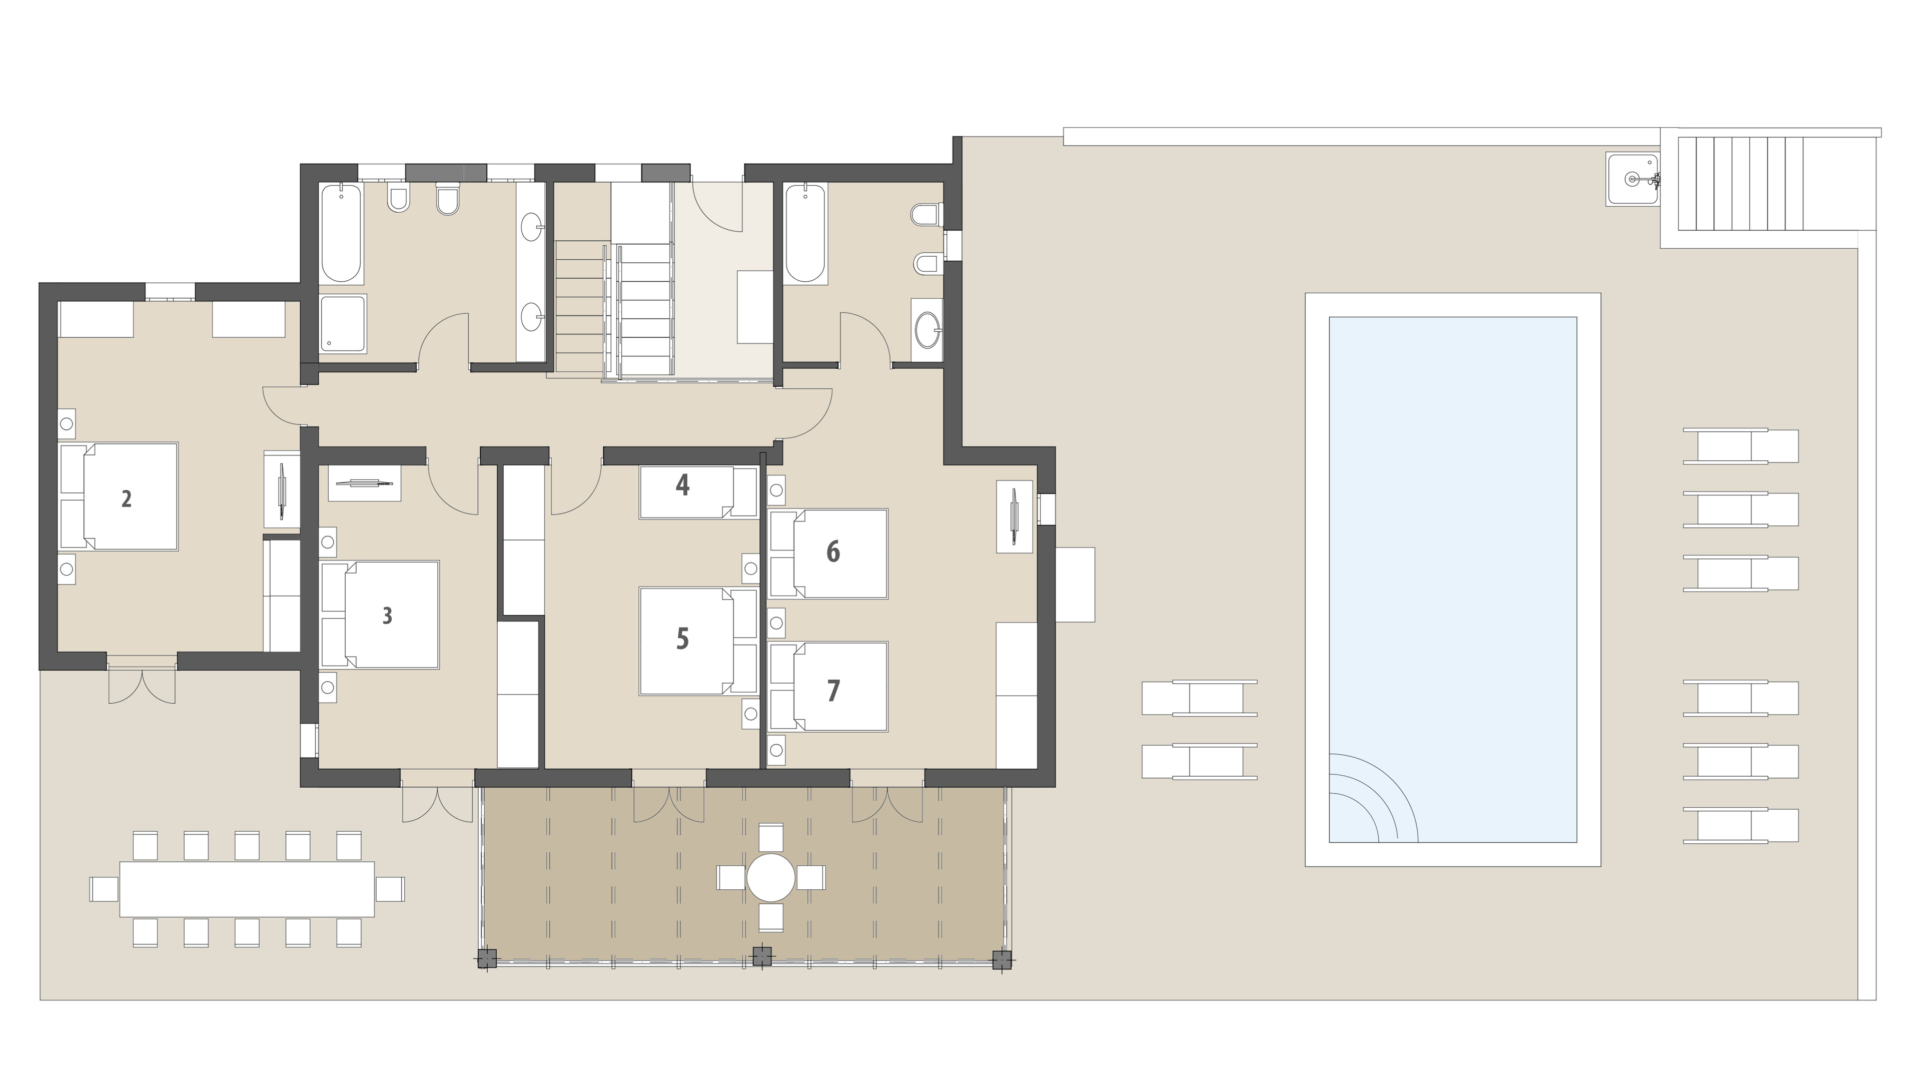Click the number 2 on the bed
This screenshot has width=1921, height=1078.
tap(127, 498)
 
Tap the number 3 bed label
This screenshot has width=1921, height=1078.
tap(387, 616)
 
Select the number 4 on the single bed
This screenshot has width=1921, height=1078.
tap(682, 485)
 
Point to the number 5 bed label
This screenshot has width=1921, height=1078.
tap(682, 639)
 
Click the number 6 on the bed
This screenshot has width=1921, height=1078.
tap(833, 552)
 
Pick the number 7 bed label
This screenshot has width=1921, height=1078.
tap(833, 691)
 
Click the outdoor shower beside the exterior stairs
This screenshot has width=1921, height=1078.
tap(1633, 179)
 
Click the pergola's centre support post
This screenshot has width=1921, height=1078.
tap(762, 956)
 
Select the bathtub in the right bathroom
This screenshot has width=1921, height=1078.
tap(805, 234)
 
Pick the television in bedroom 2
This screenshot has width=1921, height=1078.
tap(282, 490)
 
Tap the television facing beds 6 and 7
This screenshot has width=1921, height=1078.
tap(1014, 516)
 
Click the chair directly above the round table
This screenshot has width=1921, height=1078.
tap(771, 838)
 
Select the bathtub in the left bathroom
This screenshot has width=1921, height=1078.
tap(341, 234)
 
